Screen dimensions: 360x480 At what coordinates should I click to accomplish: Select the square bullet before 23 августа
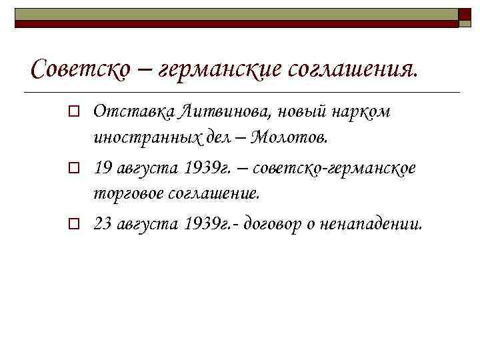[x=77, y=223]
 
